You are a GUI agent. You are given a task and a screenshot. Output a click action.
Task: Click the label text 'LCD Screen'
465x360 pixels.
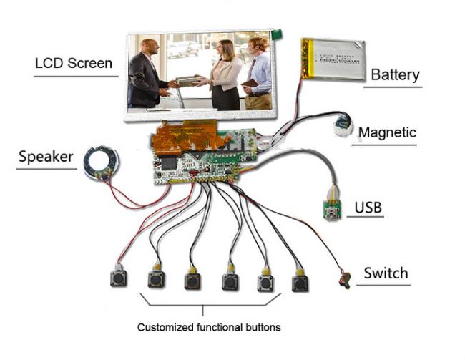coord(74,63)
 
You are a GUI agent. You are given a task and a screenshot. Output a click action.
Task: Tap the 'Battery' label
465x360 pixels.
coord(395,74)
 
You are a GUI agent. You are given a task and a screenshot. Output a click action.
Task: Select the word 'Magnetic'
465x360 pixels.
coord(387,132)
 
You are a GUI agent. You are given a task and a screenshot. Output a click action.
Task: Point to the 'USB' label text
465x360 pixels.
coord(368,208)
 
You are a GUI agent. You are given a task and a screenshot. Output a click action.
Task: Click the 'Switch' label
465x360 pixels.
coord(386,273)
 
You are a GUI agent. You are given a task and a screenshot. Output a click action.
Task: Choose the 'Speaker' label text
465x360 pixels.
coord(46,157)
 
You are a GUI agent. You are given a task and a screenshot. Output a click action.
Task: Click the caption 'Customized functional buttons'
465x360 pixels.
coord(209,327)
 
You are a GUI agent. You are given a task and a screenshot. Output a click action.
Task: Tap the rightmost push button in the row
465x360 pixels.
coord(300,282)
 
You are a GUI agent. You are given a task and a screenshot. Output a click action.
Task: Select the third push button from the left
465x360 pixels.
coord(192,280)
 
